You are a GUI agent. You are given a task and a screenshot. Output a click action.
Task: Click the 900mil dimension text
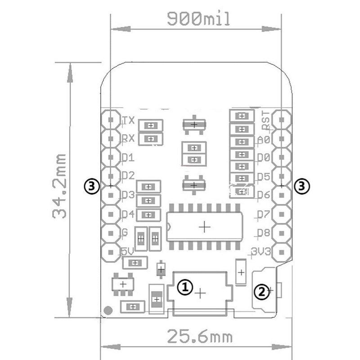(x=198, y=18)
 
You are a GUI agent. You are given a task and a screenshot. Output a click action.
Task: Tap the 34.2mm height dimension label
(x=59, y=186)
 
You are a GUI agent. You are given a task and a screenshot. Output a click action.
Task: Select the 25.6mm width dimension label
(x=200, y=336)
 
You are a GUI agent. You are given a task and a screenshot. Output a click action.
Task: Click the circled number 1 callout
(x=185, y=287)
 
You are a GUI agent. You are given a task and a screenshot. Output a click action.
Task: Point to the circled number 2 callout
(x=262, y=292)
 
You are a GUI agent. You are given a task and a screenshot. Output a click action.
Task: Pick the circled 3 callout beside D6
(x=301, y=186)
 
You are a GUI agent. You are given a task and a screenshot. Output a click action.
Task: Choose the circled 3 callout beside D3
(x=92, y=186)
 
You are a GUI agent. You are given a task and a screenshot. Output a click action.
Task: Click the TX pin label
(x=128, y=120)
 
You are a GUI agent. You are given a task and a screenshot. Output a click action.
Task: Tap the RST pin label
(x=266, y=120)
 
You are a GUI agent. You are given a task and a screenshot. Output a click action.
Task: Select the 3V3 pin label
(x=261, y=252)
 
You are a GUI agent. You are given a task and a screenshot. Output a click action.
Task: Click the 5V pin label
(x=127, y=252)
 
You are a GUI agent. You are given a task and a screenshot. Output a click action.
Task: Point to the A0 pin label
(x=264, y=139)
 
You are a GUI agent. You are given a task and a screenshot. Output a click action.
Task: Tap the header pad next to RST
(x=282, y=120)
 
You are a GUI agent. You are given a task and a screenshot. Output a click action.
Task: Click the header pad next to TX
(x=111, y=120)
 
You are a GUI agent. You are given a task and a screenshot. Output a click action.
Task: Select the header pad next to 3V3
(x=282, y=252)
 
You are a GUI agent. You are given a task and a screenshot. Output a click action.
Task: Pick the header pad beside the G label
(x=111, y=233)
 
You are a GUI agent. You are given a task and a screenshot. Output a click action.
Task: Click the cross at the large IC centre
(x=205, y=227)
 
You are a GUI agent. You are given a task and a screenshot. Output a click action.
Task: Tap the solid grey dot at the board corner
(x=108, y=310)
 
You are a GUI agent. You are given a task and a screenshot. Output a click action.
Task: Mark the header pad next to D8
(x=282, y=233)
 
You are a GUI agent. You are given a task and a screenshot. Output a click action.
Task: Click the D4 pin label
(x=128, y=214)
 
